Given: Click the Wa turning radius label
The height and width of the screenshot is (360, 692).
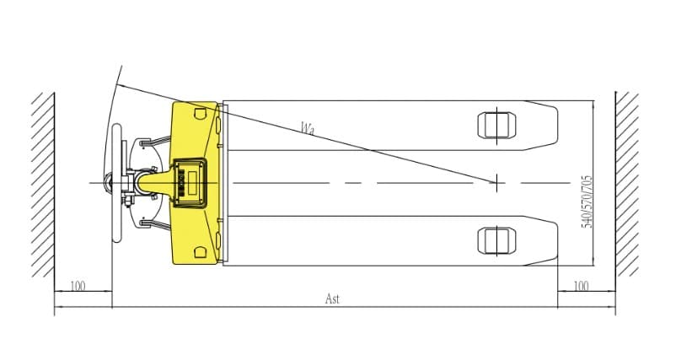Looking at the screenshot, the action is pos(308,128).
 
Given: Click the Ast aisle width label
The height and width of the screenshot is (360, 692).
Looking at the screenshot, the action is pos(332,299).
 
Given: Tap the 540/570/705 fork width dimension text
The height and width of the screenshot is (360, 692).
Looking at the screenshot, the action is pos(587,201).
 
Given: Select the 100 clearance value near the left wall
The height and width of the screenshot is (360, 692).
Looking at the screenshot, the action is pos(78,286).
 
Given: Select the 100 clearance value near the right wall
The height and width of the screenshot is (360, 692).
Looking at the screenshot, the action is pos(581,286).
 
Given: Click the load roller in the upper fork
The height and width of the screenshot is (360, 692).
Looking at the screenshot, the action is pos(496,126).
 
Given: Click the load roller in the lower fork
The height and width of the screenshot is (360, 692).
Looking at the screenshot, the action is pos(496,241).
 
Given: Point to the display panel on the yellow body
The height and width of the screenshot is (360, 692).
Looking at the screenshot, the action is pos(190,183).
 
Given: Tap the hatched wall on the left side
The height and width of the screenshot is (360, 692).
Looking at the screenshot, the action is pos(43,185).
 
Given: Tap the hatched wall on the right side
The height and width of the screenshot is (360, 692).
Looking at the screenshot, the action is pos(627,184).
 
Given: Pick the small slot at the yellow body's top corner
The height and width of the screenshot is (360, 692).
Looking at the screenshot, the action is pos(200,114).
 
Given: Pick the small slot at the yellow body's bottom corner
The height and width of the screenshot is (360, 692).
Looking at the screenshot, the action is pos(200,252).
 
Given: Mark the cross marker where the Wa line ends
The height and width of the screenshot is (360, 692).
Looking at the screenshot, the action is pos(496,183).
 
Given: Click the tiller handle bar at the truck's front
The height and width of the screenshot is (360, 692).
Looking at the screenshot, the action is pos(116,183).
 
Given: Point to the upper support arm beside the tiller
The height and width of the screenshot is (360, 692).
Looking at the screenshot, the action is pos(155,141).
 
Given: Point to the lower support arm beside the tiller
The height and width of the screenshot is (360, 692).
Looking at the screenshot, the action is pos(155,224).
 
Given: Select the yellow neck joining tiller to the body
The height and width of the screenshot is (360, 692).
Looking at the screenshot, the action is pos(154,183).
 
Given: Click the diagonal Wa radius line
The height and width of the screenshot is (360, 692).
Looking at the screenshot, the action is pos(307,133).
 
